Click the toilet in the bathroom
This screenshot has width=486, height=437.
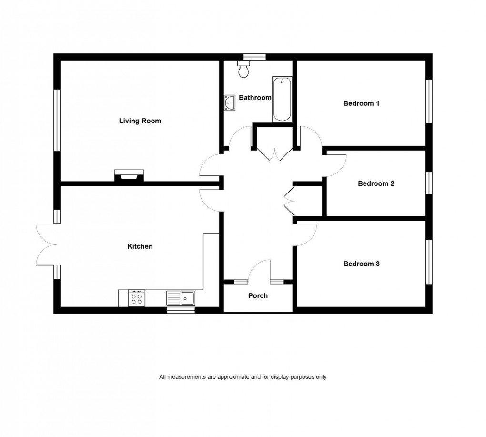[244, 71]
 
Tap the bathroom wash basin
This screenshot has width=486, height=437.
[229, 102]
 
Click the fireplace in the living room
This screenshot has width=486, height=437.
[128, 176]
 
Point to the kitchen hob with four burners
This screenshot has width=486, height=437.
[136, 299]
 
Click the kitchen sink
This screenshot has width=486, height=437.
[181, 298]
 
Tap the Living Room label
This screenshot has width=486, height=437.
[140, 121]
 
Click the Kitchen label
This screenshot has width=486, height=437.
[140, 246]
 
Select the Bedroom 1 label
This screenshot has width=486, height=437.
[361, 103]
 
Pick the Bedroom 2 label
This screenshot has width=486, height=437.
[376, 183]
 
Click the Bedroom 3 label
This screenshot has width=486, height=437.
[361, 264]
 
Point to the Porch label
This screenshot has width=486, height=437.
[258, 296]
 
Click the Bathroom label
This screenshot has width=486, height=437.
[255, 98]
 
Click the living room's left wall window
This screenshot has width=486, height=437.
[57, 120]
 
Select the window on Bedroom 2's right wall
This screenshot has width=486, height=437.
[429, 183]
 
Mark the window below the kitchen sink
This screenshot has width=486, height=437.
[181, 310]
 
